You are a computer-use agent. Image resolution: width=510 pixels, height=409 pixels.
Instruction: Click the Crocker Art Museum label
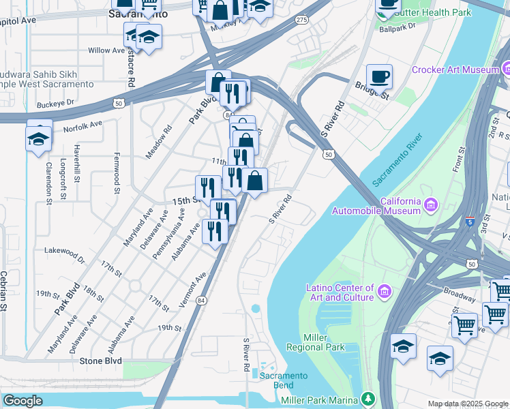(455, 70)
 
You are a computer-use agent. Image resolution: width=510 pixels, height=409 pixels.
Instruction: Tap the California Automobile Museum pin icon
(431, 204)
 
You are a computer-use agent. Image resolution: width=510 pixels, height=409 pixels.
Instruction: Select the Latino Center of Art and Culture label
(340, 292)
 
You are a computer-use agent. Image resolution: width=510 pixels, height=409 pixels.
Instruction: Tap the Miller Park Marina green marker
(368, 397)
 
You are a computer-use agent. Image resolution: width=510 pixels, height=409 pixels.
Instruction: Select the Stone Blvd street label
(100, 361)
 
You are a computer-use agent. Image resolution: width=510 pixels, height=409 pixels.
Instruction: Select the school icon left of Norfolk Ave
(39, 139)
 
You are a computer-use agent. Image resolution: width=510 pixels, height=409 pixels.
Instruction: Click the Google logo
(22, 401)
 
